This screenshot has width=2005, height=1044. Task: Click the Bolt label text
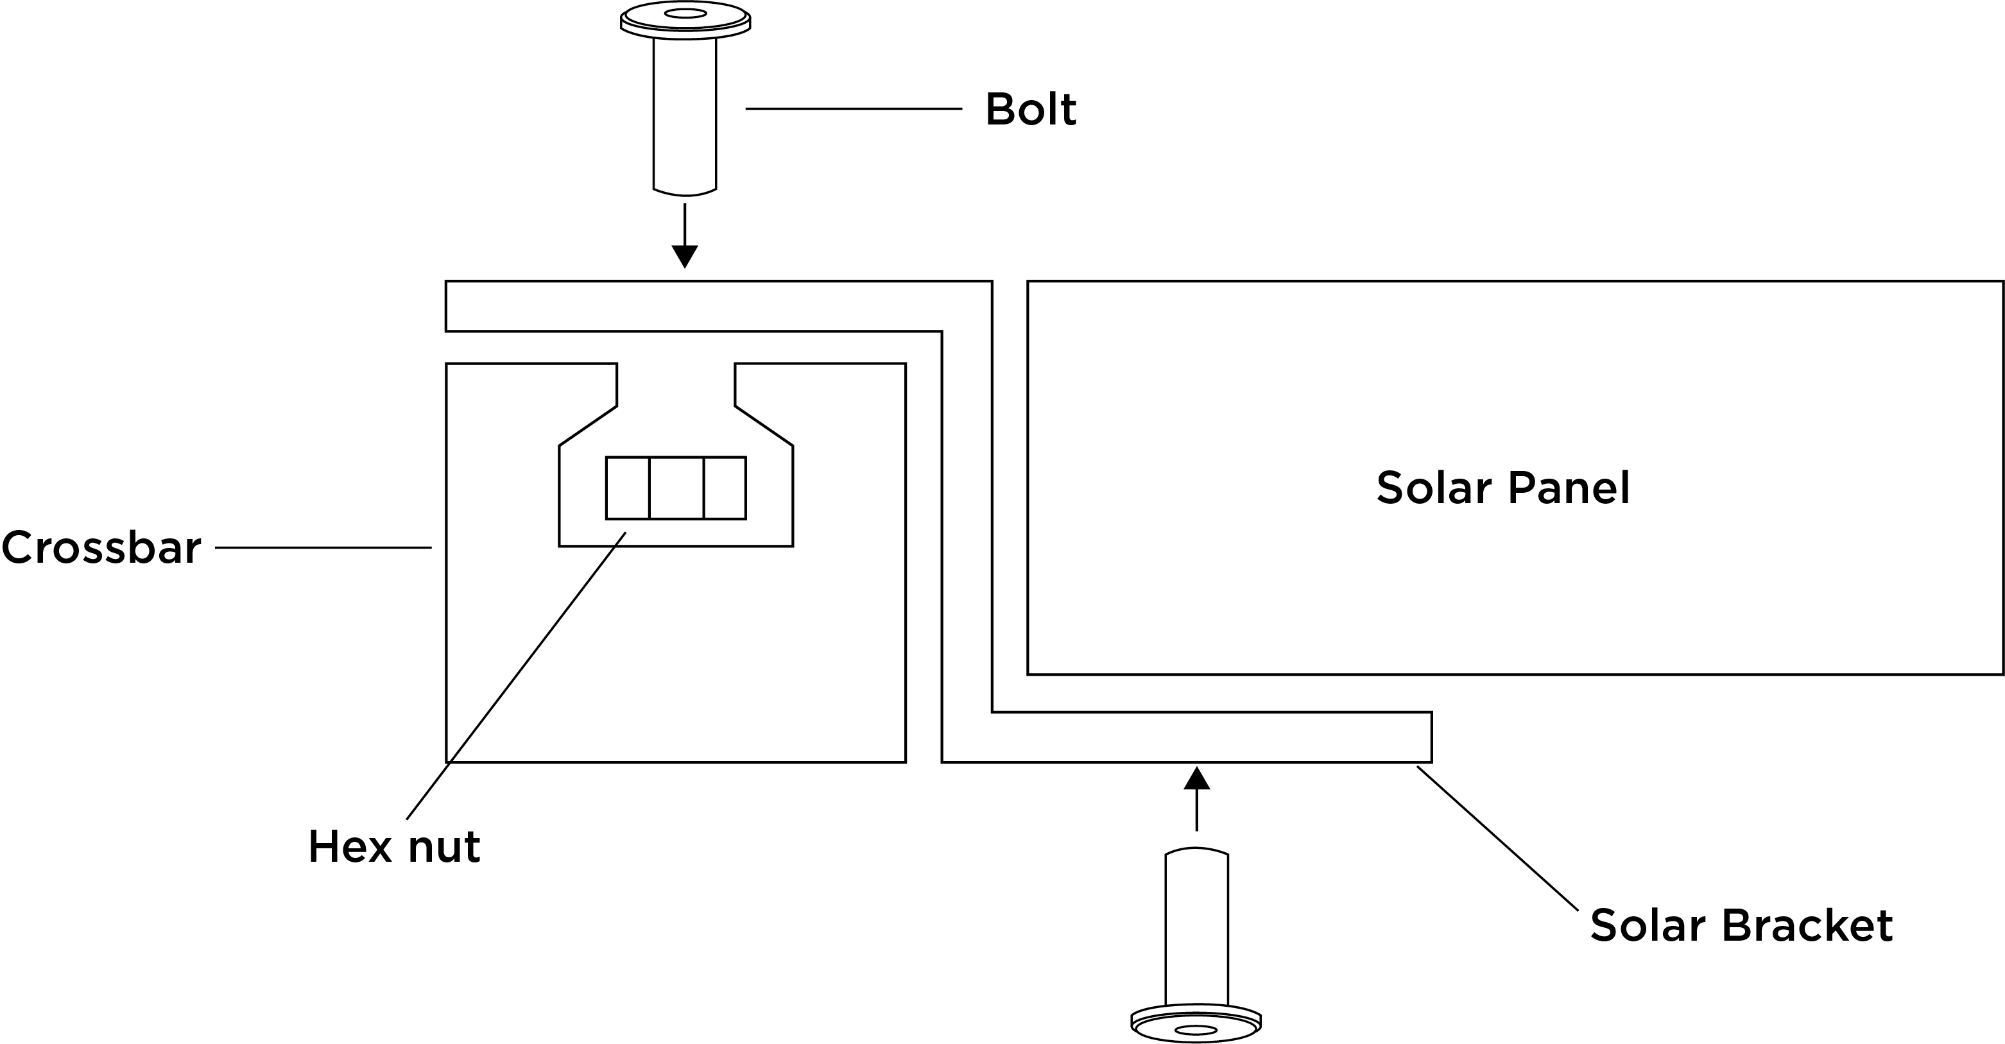click(1029, 110)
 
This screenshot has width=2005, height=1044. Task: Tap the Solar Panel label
click(1502, 488)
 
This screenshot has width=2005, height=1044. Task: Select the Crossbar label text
click(101, 548)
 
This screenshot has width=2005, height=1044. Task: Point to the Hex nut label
click(394, 847)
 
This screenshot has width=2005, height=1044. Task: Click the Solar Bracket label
click(1741, 926)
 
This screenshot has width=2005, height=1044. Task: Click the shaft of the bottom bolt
click(1196, 926)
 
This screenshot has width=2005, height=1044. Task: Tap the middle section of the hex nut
click(676, 488)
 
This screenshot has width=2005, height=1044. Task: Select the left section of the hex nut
click(627, 488)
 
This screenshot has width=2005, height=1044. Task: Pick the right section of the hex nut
click(725, 488)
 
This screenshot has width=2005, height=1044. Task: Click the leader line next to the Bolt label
click(853, 109)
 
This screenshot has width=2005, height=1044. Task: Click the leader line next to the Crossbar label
click(323, 548)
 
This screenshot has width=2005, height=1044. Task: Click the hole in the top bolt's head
click(685, 13)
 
